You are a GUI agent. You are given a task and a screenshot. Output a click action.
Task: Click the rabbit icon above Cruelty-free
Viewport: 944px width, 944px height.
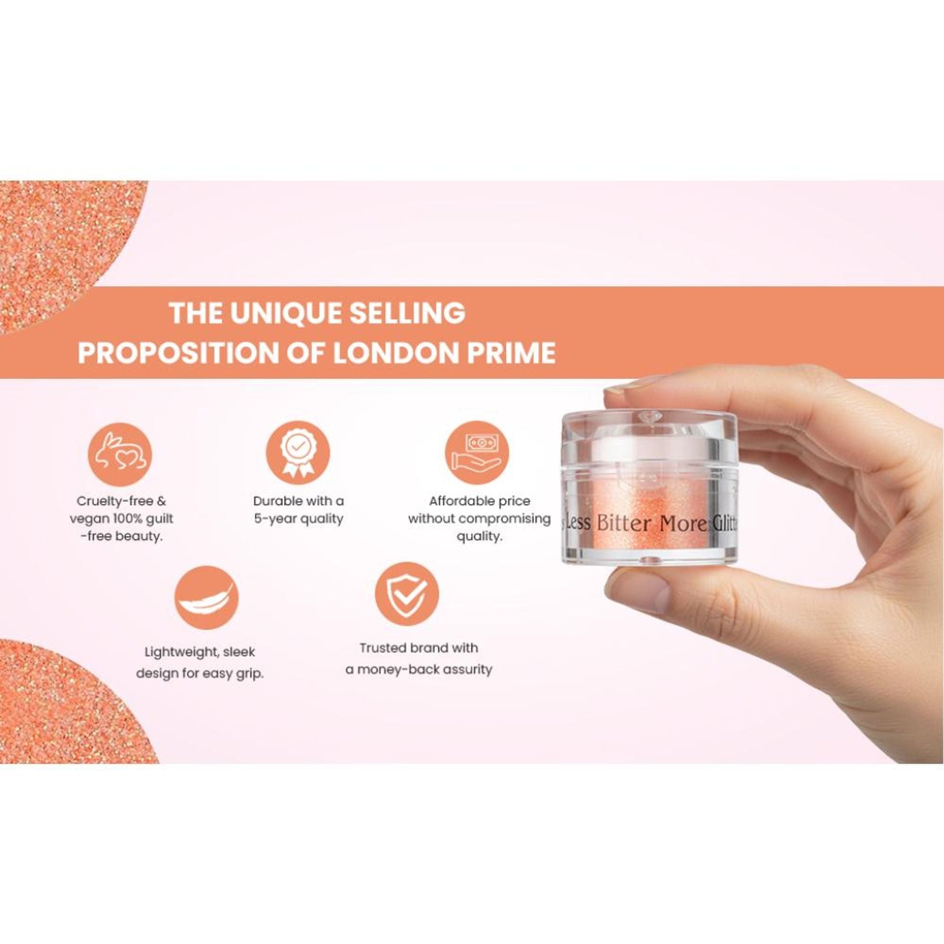pos(120,455)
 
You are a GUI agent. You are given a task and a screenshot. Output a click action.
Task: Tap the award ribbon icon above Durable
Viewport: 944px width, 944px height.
pos(297,453)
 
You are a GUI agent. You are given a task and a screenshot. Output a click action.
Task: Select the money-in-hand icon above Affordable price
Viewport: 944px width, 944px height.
pos(476,453)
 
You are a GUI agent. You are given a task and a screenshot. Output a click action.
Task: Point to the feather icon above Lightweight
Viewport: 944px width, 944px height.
pos(207,598)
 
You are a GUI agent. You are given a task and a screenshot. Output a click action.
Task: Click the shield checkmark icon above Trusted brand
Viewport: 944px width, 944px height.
pos(406,595)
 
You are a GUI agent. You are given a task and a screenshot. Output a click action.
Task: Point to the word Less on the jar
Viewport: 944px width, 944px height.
pos(579,523)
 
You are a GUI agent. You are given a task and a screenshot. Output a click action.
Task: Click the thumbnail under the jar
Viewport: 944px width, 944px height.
pos(639,593)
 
